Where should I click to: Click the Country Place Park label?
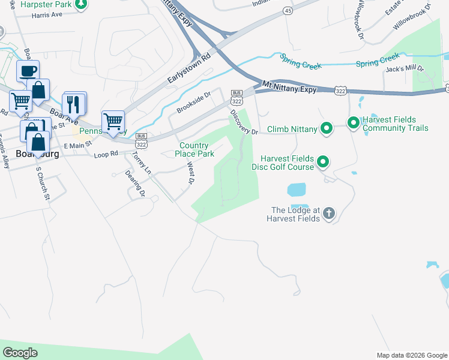pyautogui.click(x=194, y=149)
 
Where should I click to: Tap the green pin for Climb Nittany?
pyautogui.click(x=326, y=128)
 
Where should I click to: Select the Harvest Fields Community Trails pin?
pyautogui.click(x=354, y=124)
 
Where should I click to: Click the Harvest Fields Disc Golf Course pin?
pyautogui.click(x=323, y=162)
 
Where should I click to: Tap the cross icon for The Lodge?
pyautogui.click(x=328, y=213)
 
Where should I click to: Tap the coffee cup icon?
pyautogui.click(x=28, y=71)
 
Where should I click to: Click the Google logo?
pyautogui.click(x=20, y=353)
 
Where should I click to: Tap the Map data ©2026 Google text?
pyautogui.click(x=411, y=355)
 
